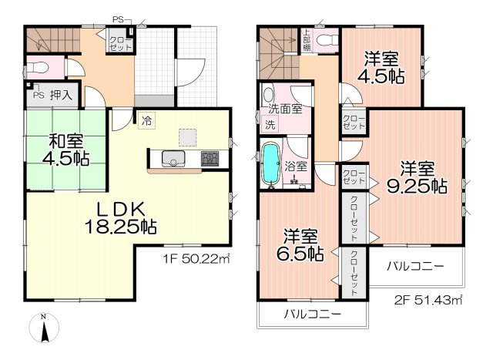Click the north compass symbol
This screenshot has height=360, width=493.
tap(45, 329)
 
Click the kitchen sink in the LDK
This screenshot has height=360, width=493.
tap(173, 160)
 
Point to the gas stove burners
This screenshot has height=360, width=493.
tap(210, 160)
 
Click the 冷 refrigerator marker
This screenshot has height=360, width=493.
tap(146, 119)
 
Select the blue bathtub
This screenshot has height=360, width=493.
tap(271, 163)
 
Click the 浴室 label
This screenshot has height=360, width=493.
tap(296, 165)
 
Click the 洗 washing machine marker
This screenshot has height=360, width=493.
tap(270, 124)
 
